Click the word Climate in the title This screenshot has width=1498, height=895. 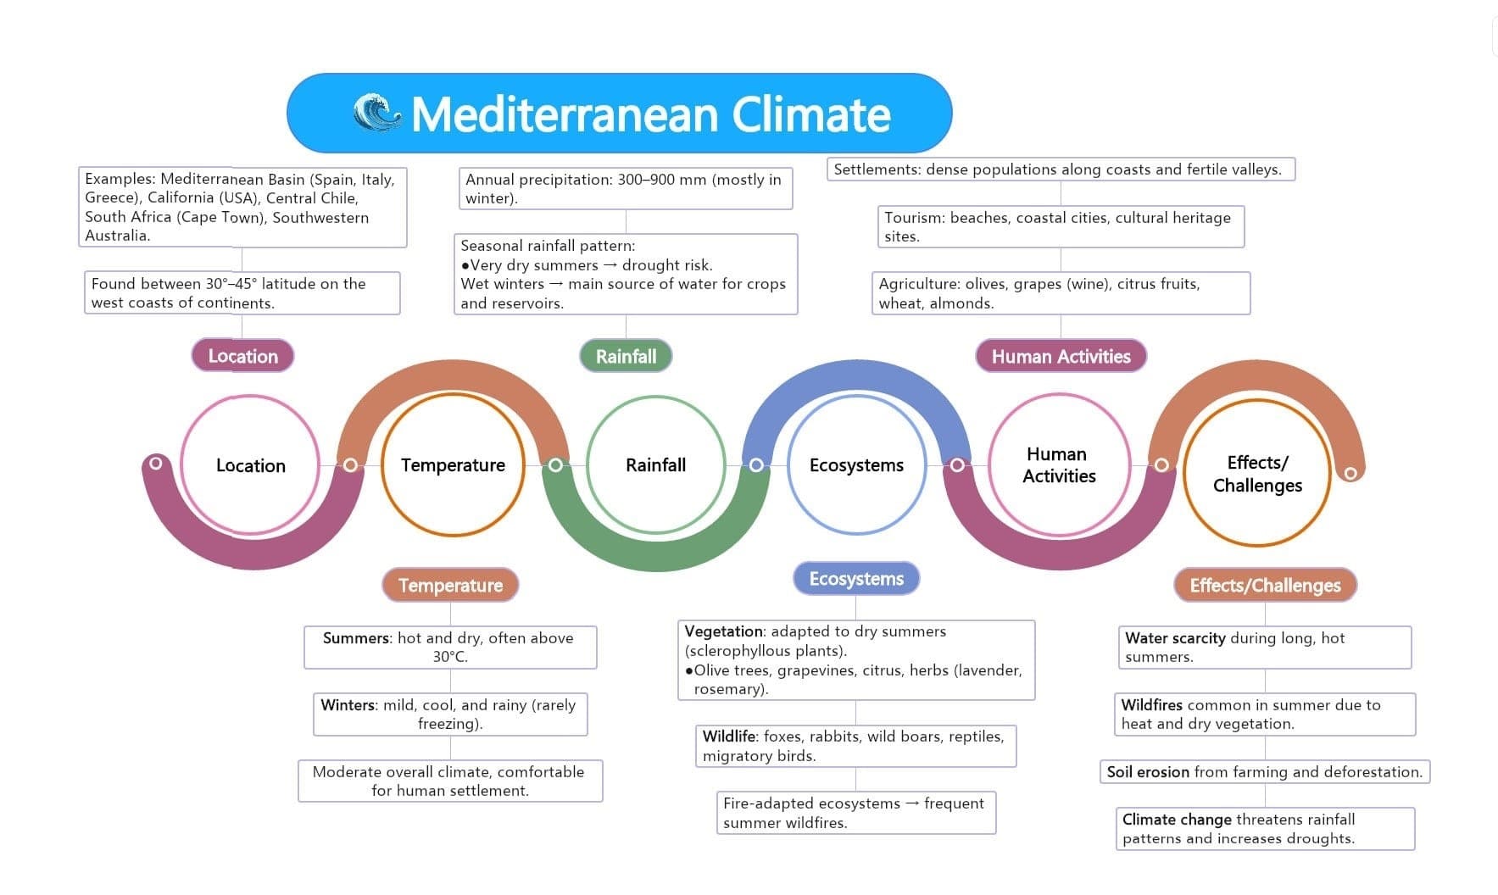pyautogui.click(x=811, y=114)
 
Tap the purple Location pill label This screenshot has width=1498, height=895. pyautogui.click(x=242, y=356)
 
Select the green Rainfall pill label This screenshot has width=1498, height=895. pyautogui.click(x=626, y=356)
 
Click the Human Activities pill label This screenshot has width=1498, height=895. pyautogui.click(x=1061, y=356)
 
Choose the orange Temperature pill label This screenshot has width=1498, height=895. pyautogui.click(x=450, y=585)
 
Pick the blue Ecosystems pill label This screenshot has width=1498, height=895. pyautogui.click(x=856, y=579)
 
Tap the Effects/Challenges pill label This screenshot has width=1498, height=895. pyautogui.click(x=1265, y=585)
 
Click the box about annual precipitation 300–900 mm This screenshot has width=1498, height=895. pyautogui.click(x=626, y=188)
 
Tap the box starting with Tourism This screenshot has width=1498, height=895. pyautogui.click(x=1061, y=226)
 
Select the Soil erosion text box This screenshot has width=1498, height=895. pyautogui.click(x=1265, y=771)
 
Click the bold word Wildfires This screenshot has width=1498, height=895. pyautogui.click(x=1151, y=704)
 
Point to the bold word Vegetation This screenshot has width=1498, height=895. pyautogui.click(x=724, y=631)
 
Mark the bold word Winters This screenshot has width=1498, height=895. pyautogui.click(x=348, y=704)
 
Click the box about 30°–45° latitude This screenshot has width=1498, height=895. pyautogui.click(x=242, y=292)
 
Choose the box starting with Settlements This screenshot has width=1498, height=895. pyautogui.click(x=1061, y=169)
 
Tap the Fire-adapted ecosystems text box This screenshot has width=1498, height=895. pyautogui.click(x=855, y=813)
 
